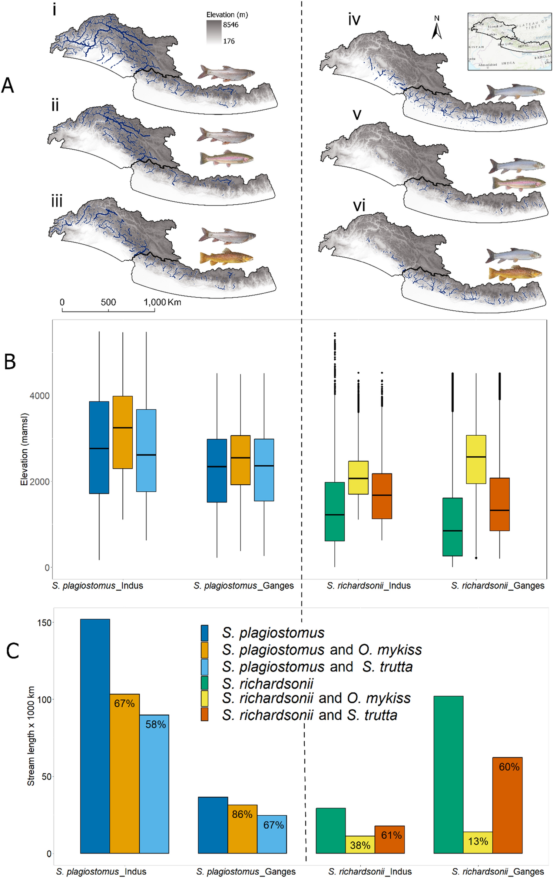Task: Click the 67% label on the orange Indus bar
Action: (x=124, y=703)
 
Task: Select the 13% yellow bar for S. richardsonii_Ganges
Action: (x=478, y=842)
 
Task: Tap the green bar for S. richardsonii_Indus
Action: (x=330, y=830)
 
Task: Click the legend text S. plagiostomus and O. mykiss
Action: (x=322, y=650)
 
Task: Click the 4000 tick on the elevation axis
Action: (x=39, y=396)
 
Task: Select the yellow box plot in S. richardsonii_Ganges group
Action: (x=476, y=459)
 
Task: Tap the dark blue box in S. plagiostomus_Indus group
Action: (x=99, y=447)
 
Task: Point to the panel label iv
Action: (x=354, y=19)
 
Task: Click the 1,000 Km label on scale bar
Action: (x=162, y=302)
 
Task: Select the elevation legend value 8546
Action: (x=231, y=25)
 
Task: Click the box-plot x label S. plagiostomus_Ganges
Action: (x=244, y=585)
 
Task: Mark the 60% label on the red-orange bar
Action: (x=509, y=767)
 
